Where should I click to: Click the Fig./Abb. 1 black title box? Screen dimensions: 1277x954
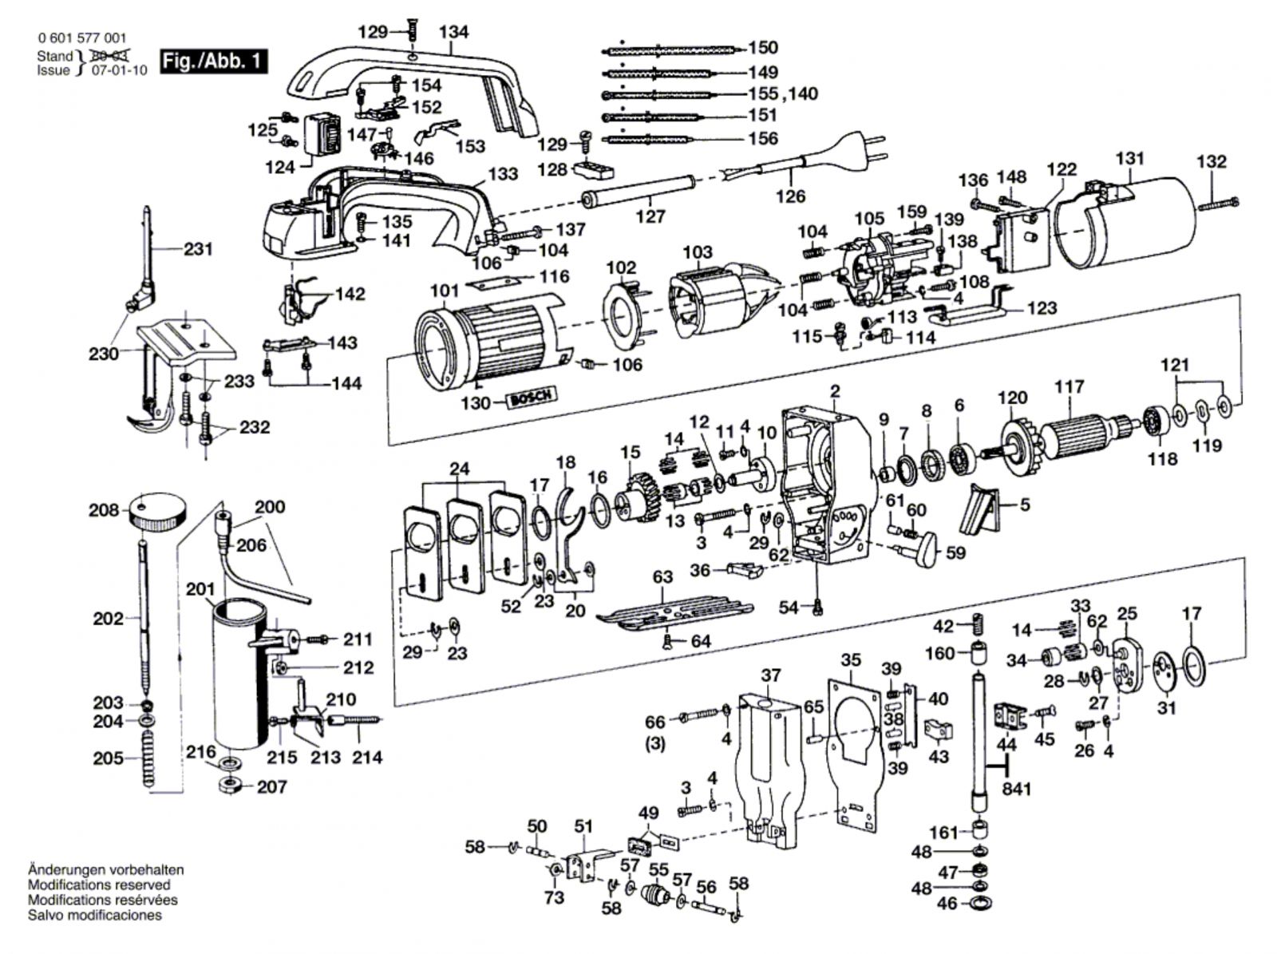(x=214, y=61)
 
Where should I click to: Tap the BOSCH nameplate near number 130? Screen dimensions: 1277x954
(x=532, y=398)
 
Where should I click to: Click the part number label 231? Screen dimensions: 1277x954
(x=199, y=250)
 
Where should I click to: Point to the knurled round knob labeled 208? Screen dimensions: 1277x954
(x=158, y=511)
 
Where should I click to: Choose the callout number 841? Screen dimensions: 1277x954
(x=1016, y=789)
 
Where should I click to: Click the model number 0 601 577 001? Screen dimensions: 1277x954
(x=82, y=38)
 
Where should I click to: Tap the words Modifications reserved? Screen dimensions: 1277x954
(x=100, y=885)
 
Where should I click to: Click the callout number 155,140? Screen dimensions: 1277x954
(x=782, y=93)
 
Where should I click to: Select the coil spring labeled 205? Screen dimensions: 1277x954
(x=148, y=758)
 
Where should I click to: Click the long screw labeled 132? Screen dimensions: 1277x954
(x=1218, y=204)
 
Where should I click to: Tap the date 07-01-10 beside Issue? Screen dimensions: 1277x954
(x=120, y=71)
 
